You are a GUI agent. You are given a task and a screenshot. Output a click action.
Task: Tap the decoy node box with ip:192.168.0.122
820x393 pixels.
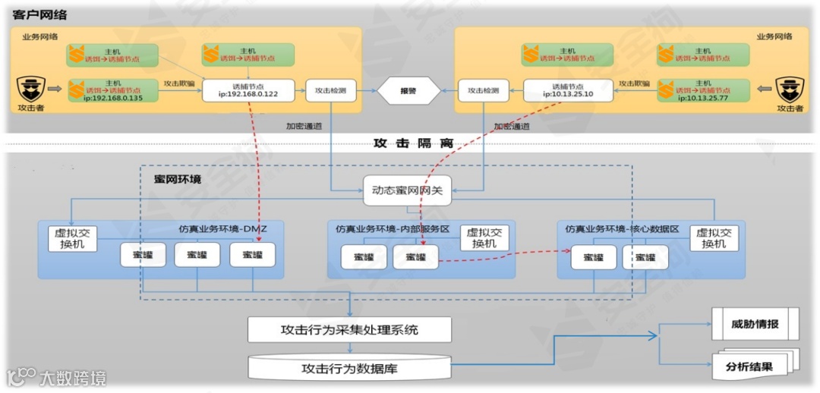[x=248, y=91]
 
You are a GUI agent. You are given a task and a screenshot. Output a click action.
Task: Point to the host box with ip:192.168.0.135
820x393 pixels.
[x=112, y=90]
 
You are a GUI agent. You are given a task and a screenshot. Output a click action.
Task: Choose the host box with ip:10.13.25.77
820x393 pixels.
[x=703, y=90]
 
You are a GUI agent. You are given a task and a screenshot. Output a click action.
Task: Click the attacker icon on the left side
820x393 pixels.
[x=31, y=89]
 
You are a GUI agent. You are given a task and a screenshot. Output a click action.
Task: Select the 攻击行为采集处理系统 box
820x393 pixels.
[x=349, y=330]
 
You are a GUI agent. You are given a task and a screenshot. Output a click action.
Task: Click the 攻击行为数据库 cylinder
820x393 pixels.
[x=349, y=369]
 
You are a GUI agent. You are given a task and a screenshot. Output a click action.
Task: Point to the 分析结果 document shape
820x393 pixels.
[x=750, y=367]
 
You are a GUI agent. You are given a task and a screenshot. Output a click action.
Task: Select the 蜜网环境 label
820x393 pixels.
[x=178, y=179]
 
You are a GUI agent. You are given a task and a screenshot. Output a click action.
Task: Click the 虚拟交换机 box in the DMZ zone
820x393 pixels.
[x=73, y=238]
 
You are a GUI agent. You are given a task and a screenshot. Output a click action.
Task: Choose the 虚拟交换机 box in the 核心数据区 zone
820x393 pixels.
[x=714, y=238]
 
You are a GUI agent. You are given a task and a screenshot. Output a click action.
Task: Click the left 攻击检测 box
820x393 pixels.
[x=330, y=91]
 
